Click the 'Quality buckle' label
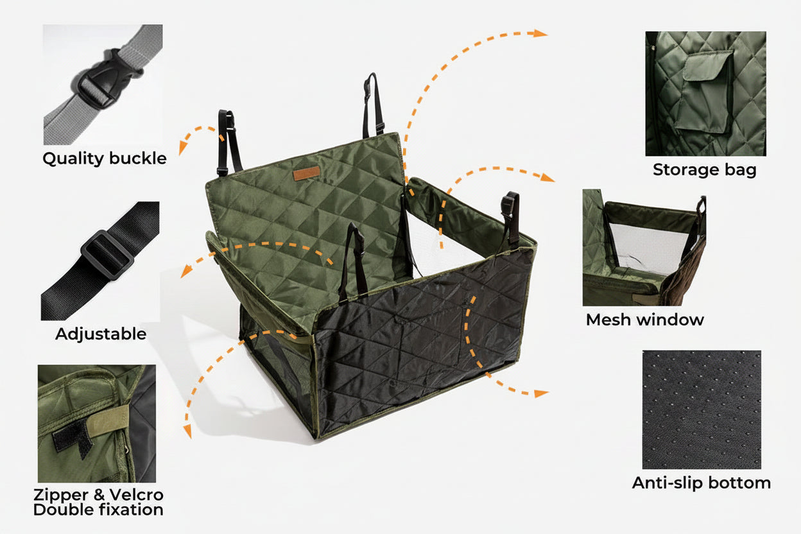(x=105, y=159)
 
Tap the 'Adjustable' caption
(x=101, y=334)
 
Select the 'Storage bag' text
(x=705, y=169)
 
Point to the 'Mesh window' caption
(x=645, y=320)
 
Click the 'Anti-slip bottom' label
(x=702, y=483)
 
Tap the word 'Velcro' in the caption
(x=137, y=495)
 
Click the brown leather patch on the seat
(x=306, y=173)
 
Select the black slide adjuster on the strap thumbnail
(x=107, y=255)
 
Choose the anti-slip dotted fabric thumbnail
(x=702, y=409)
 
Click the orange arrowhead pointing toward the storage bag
(x=540, y=33)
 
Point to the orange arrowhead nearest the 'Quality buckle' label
(x=183, y=148)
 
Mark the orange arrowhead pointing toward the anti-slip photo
(x=541, y=393)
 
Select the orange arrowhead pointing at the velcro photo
(x=187, y=431)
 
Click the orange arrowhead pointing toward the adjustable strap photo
(x=185, y=271)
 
